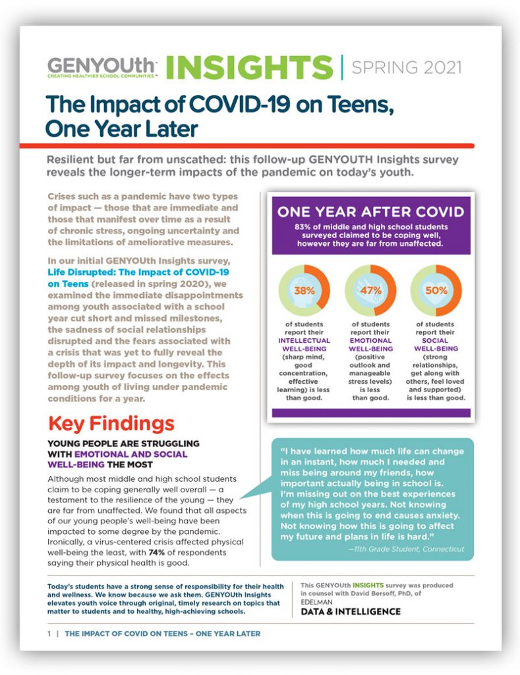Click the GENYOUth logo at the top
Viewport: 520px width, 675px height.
[x=101, y=68]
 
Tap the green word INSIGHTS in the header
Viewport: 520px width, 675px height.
[x=250, y=68]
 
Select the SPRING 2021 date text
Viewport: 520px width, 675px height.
[x=407, y=68]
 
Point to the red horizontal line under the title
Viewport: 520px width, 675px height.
[x=247, y=146]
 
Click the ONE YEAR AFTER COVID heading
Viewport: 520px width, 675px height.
[x=370, y=212]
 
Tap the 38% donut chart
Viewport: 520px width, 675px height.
[x=304, y=291]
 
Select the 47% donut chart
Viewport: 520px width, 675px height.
[x=370, y=291]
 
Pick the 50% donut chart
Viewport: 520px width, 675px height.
[x=436, y=291]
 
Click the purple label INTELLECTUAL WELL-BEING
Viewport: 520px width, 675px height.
[x=304, y=344]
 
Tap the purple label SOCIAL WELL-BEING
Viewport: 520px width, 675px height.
[x=436, y=344]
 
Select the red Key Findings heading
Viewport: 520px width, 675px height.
[x=111, y=424]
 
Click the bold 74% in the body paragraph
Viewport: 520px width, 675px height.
[x=157, y=552]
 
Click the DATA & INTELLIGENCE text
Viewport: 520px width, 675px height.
[x=351, y=611]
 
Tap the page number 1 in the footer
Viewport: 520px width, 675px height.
[x=49, y=633]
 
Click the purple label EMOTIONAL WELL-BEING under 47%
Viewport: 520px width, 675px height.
[x=370, y=344]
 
